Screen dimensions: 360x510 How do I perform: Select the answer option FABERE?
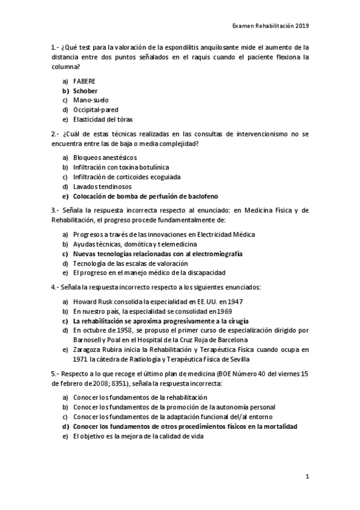84,81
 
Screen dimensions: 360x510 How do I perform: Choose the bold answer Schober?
85,90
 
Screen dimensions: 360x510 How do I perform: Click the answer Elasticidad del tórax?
103,119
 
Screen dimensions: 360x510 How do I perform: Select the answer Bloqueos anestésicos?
100,158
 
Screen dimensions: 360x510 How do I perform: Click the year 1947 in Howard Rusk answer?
234,301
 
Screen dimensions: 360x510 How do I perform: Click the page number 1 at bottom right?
307,478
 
